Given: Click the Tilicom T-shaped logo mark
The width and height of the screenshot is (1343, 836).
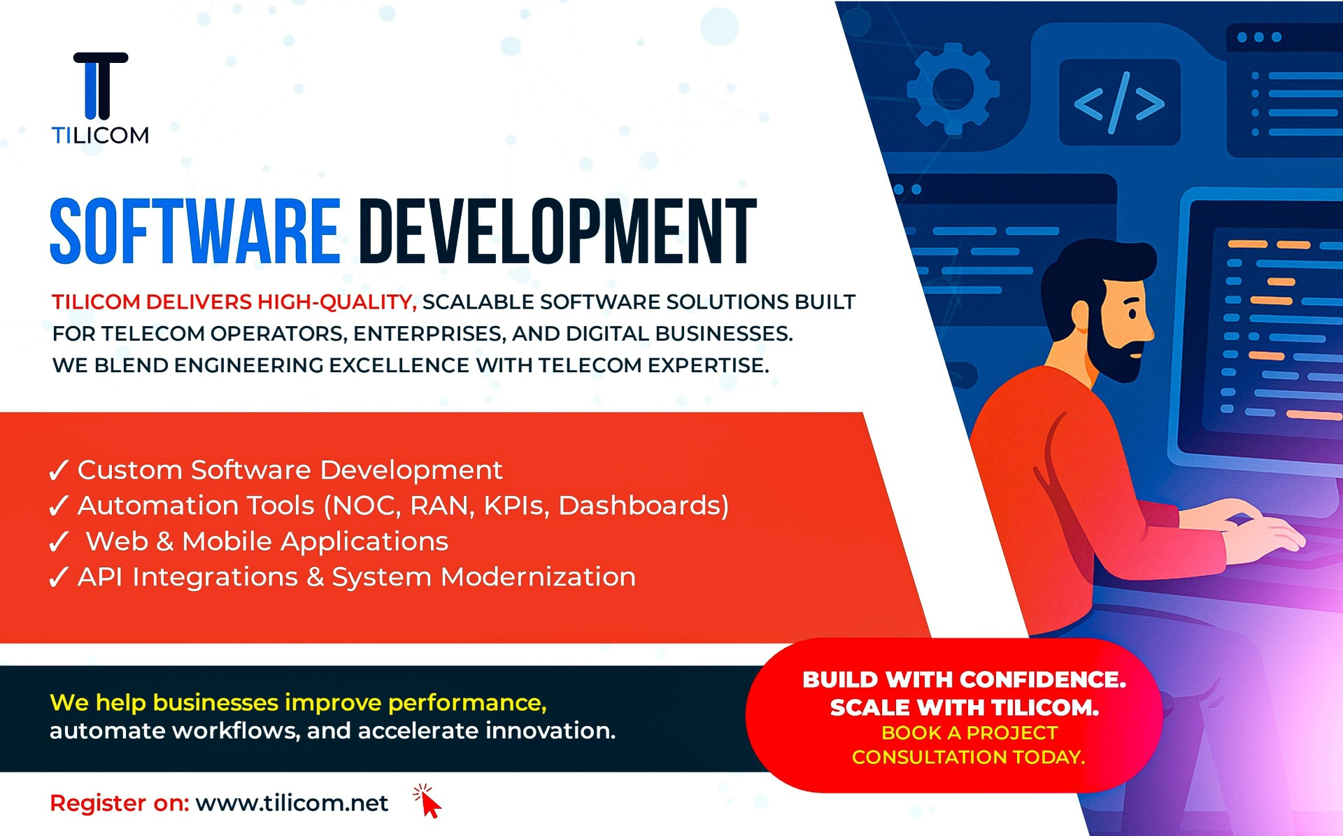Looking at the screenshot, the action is point(101,85).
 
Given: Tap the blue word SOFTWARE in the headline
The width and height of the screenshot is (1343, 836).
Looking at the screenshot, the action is point(195,232).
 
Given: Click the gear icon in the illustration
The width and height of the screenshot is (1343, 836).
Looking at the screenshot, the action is point(953,89).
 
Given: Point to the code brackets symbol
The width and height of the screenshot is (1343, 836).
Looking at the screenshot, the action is point(1119,103).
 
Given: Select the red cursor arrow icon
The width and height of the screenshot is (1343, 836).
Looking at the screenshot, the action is point(428,801).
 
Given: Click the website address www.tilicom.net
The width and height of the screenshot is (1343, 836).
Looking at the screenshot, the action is point(292,803).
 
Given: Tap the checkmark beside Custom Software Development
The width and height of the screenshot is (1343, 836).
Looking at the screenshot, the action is point(59,470).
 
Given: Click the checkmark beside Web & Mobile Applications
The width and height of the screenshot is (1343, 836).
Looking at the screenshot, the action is point(59,541).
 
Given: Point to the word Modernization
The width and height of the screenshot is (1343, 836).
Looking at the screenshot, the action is point(539,577).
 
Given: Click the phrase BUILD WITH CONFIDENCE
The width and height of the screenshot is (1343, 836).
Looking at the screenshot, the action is point(965,679).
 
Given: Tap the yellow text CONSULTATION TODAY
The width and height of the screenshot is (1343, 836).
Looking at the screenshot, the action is point(969,757).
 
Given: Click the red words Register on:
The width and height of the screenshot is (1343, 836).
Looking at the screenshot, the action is point(120,803).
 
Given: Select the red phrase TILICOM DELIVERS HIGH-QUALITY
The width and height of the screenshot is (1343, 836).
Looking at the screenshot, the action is point(234,302).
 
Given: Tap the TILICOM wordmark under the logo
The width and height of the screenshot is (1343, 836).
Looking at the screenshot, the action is point(101,135).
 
